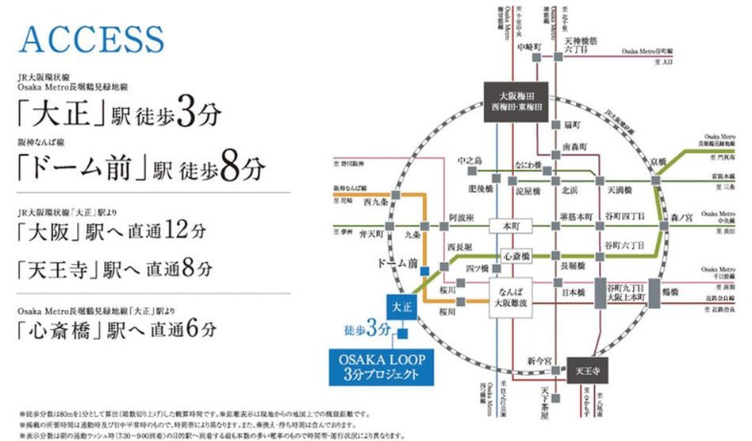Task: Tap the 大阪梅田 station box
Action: [x=512, y=102]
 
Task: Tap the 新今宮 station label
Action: [x=539, y=362]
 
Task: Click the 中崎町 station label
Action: [x=527, y=47]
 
